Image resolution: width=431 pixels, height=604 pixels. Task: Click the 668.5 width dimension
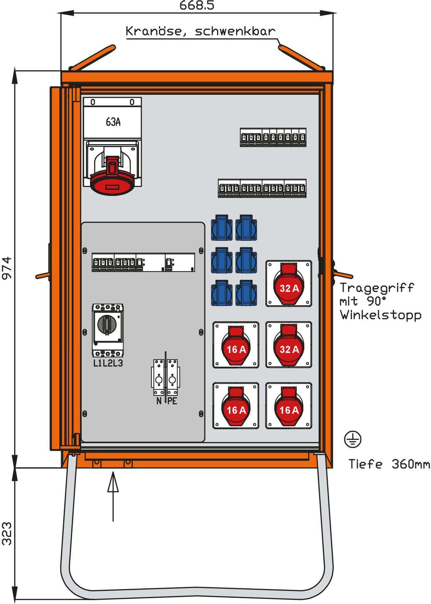coord(197,6)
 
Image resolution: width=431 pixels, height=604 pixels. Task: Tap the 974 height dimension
coord(7,268)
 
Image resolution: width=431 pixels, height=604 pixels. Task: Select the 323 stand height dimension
coord(7,533)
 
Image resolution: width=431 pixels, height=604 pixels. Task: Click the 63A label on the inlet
coord(113,122)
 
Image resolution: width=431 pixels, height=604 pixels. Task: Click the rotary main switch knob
coord(107,324)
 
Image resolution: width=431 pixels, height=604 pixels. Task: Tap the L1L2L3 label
coord(108,363)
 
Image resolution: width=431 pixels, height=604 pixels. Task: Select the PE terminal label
coord(172,401)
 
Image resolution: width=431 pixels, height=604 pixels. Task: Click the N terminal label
coord(159,401)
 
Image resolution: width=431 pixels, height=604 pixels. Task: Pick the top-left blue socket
coord(222,228)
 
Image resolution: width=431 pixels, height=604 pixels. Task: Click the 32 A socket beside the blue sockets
coord(289,284)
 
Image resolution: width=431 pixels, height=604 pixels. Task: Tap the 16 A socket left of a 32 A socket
coord(236,345)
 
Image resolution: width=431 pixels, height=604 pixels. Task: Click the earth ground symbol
coord(353,439)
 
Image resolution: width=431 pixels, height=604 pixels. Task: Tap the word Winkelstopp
coord(380,315)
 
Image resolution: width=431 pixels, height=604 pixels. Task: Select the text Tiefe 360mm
coord(389,464)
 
